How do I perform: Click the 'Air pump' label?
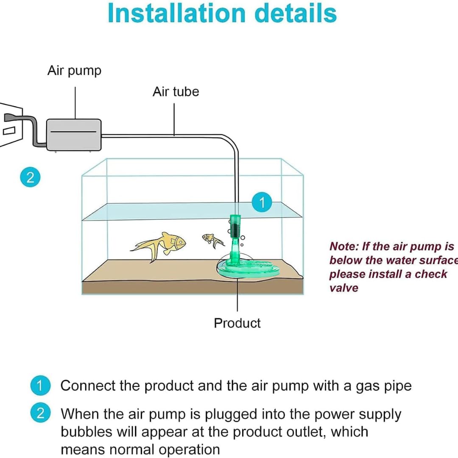coord(74,70)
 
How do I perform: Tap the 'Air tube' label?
coord(176,92)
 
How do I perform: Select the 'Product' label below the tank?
coord(237,323)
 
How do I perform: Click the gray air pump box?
coord(74,134)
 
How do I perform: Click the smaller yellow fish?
coord(212,240)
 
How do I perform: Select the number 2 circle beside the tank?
coord(30,177)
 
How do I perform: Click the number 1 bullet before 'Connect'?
coord(40,386)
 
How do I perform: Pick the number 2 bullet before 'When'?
coord(40,413)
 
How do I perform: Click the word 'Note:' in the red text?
coord(343,247)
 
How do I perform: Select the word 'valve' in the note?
coord(343,288)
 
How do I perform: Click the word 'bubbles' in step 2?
coord(82,432)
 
